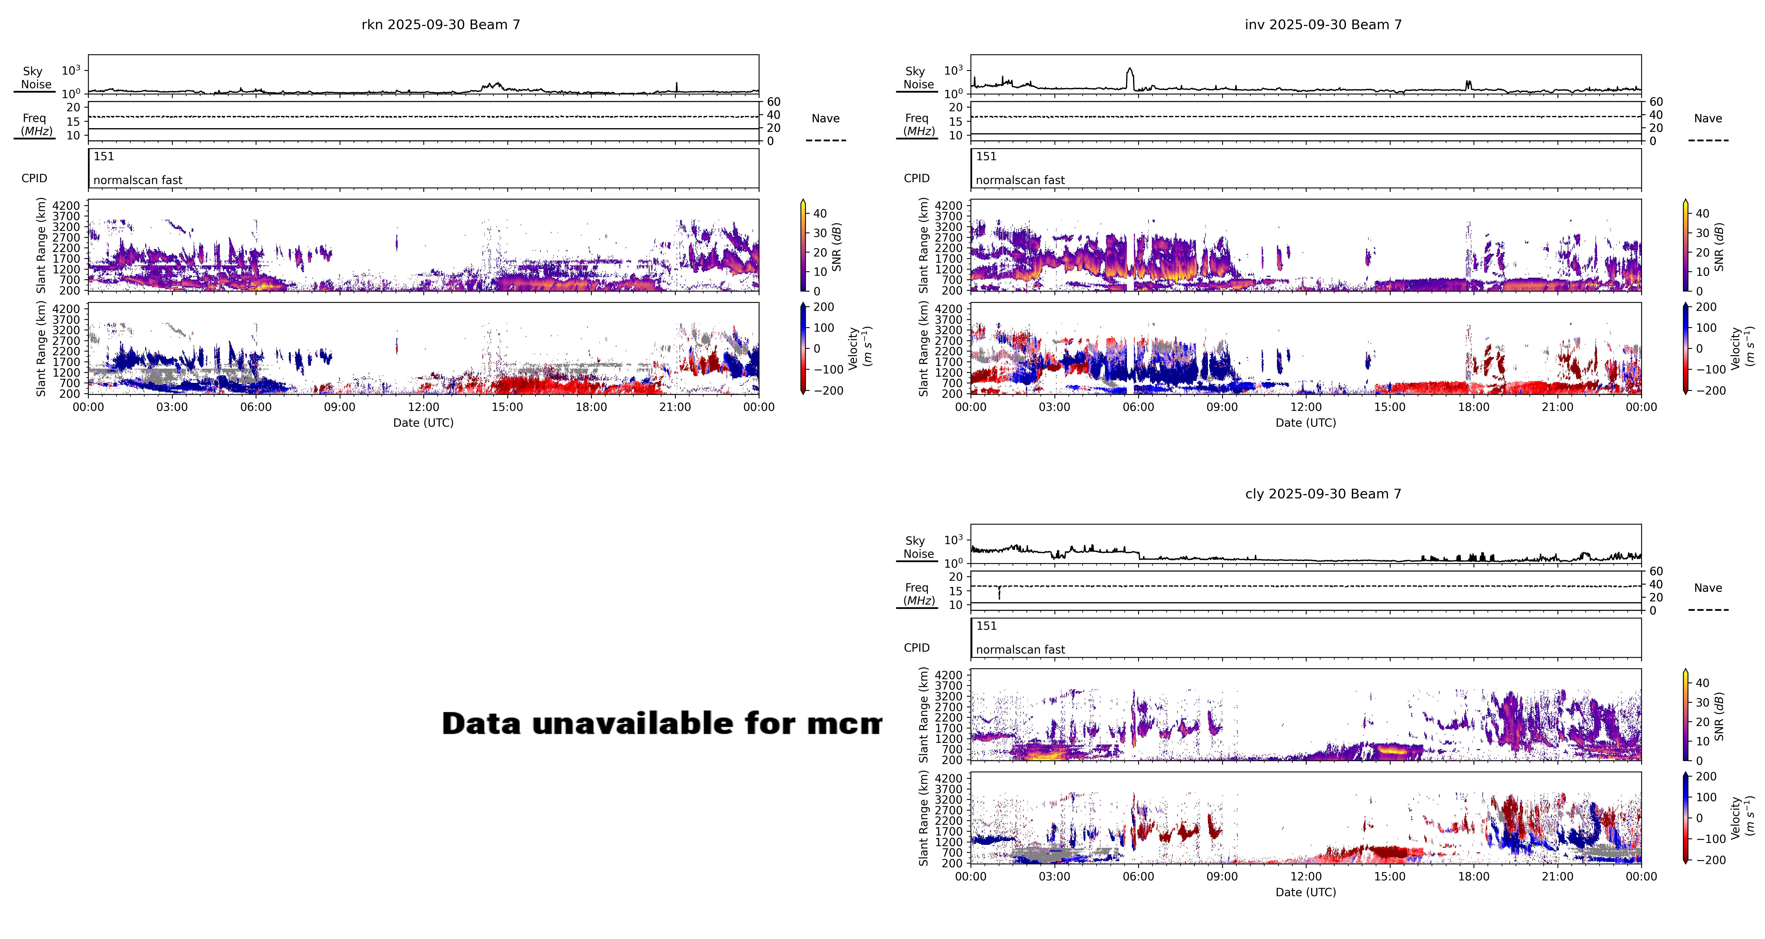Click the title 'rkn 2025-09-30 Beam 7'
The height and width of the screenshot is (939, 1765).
tap(440, 25)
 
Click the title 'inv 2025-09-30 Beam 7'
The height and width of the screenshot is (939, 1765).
tap(1323, 25)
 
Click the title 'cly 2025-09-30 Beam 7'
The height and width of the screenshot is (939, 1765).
tap(1323, 494)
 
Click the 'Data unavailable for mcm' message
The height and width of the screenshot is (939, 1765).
tap(661, 724)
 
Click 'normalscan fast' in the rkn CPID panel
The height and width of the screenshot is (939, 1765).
tap(138, 180)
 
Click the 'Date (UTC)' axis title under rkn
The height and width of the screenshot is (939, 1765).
tap(423, 423)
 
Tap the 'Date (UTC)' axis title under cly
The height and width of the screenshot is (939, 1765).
tap(1305, 892)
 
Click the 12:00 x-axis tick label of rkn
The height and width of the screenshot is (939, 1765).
tap(423, 407)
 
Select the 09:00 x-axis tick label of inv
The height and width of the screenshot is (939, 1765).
tap(1222, 407)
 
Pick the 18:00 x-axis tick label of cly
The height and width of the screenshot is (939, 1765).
tap(1473, 877)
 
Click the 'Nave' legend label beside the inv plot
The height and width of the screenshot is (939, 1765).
tap(1708, 119)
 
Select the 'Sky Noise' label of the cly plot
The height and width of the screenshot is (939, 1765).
tap(918, 547)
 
